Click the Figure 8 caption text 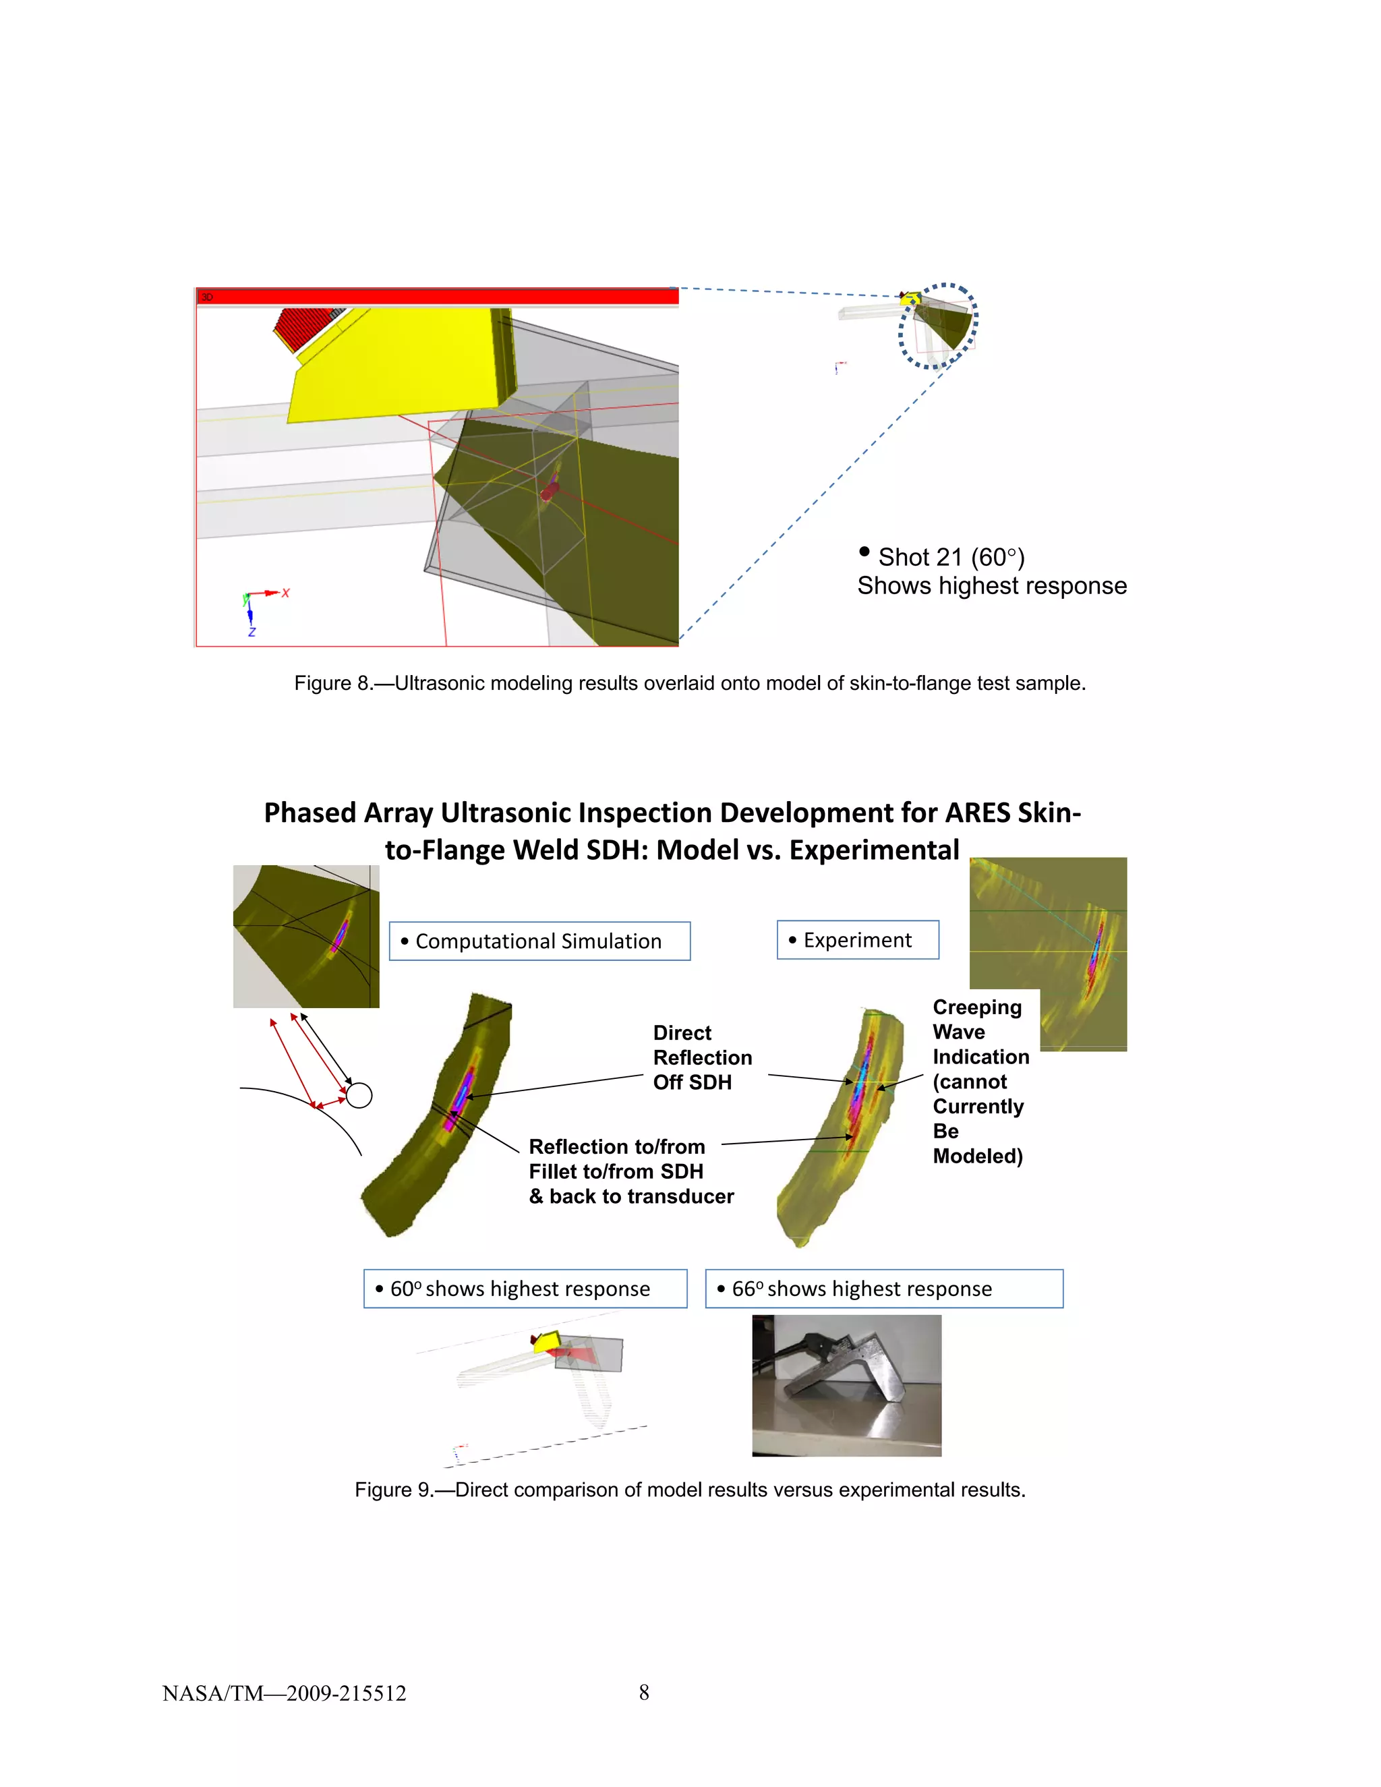tap(690, 683)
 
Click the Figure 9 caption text tap(690, 1490)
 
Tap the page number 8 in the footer tap(644, 1693)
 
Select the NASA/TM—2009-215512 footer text tap(284, 1694)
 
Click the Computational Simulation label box tap(539, 941)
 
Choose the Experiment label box tap(858, 940)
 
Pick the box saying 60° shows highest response tap(525, 1289)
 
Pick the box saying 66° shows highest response tap(883, 1289)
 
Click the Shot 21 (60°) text tap(951, 557)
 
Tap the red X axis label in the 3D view tap(285, 592)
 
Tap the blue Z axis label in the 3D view tap(252, 633)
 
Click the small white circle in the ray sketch tap(359, 1094)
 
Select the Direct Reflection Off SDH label tap(702, 1057)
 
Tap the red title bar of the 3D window tap(437, 296)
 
